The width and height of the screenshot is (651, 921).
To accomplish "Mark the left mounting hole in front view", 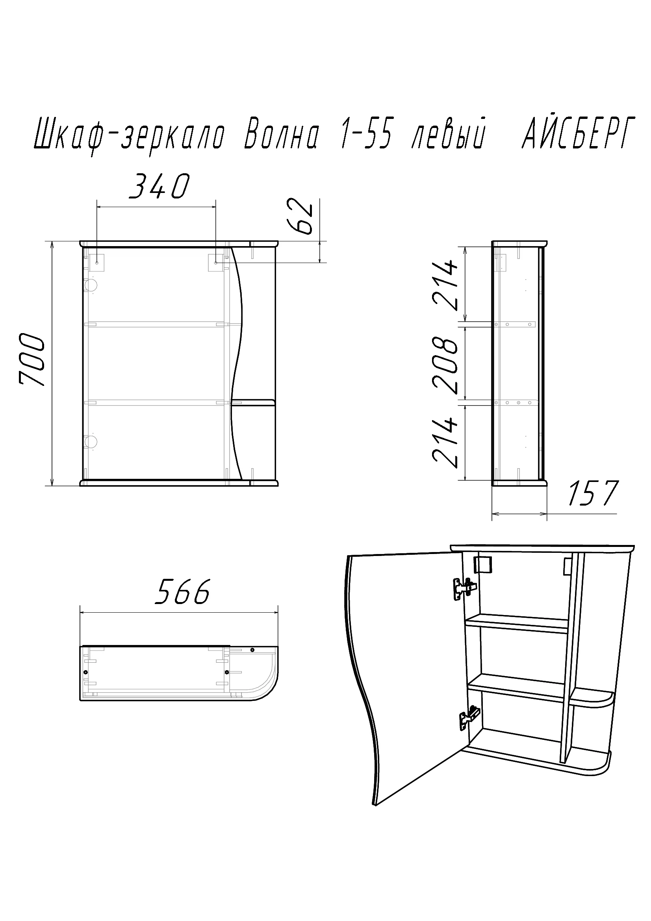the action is [x=97, y=263].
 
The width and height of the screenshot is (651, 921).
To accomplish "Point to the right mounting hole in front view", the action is [x=216, y=263].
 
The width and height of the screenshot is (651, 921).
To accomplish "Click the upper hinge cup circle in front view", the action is [x=91, y=285].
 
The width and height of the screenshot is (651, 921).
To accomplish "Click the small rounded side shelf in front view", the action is [x=253, y=402].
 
